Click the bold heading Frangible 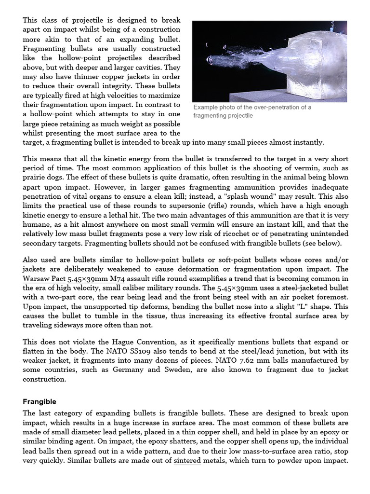pyautogui.click(x=40, y=401)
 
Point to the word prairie pyautogui.click(x=35, y=178)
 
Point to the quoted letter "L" pyautogui.click(x=277, y=307)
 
